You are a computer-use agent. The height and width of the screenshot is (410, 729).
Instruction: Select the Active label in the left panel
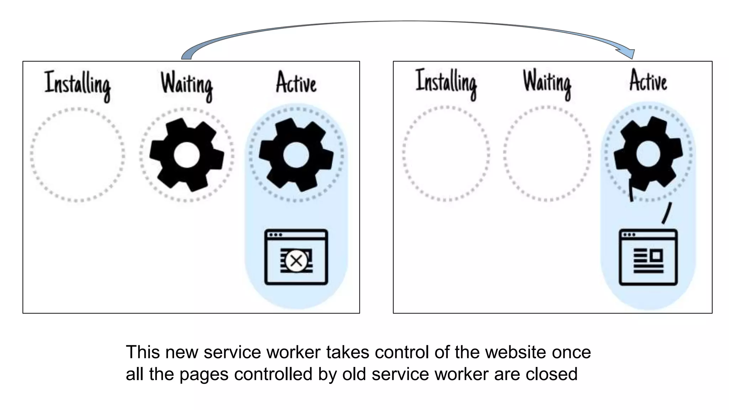point(296,83)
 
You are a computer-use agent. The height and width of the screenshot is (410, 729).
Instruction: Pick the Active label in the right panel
point(648,81)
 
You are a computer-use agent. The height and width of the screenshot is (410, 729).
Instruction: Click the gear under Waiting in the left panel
point(187,155)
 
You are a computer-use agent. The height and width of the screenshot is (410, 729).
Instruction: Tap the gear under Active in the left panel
point(296,155)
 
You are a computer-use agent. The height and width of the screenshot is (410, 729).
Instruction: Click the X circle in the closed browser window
point(296,261)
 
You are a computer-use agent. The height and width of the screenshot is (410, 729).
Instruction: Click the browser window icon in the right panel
point(648,257)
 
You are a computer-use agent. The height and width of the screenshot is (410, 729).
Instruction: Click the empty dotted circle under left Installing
point(78,155)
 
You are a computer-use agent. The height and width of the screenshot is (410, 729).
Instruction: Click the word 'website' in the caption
point(515,352)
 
